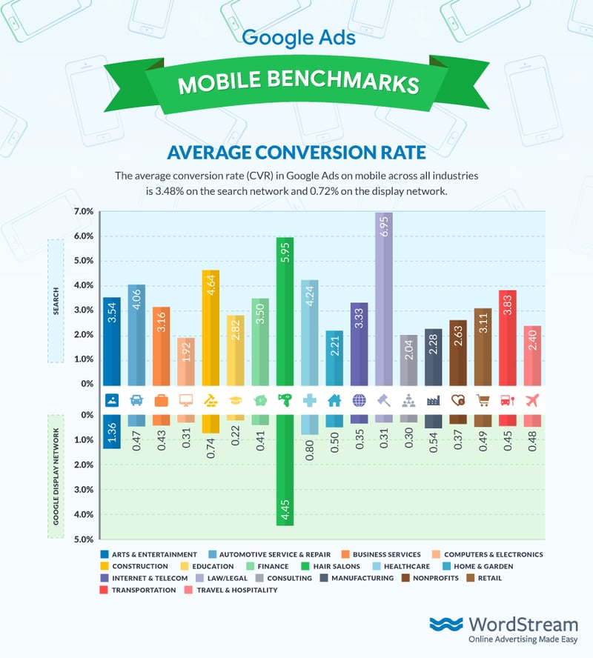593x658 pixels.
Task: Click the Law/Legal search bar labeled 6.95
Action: [x=383, y=296]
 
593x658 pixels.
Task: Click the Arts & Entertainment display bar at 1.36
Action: [x=112, y=442]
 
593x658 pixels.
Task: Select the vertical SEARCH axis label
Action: [x=56, y=300]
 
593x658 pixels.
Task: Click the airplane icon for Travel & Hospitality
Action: [x=531, y=400]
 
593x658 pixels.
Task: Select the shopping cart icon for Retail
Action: [x=483, y=400]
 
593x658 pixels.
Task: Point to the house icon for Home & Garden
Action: [x=334, y=400]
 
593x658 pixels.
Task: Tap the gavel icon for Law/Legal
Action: [x=383, y=400]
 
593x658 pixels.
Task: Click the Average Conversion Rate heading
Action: [x=296, y=153]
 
